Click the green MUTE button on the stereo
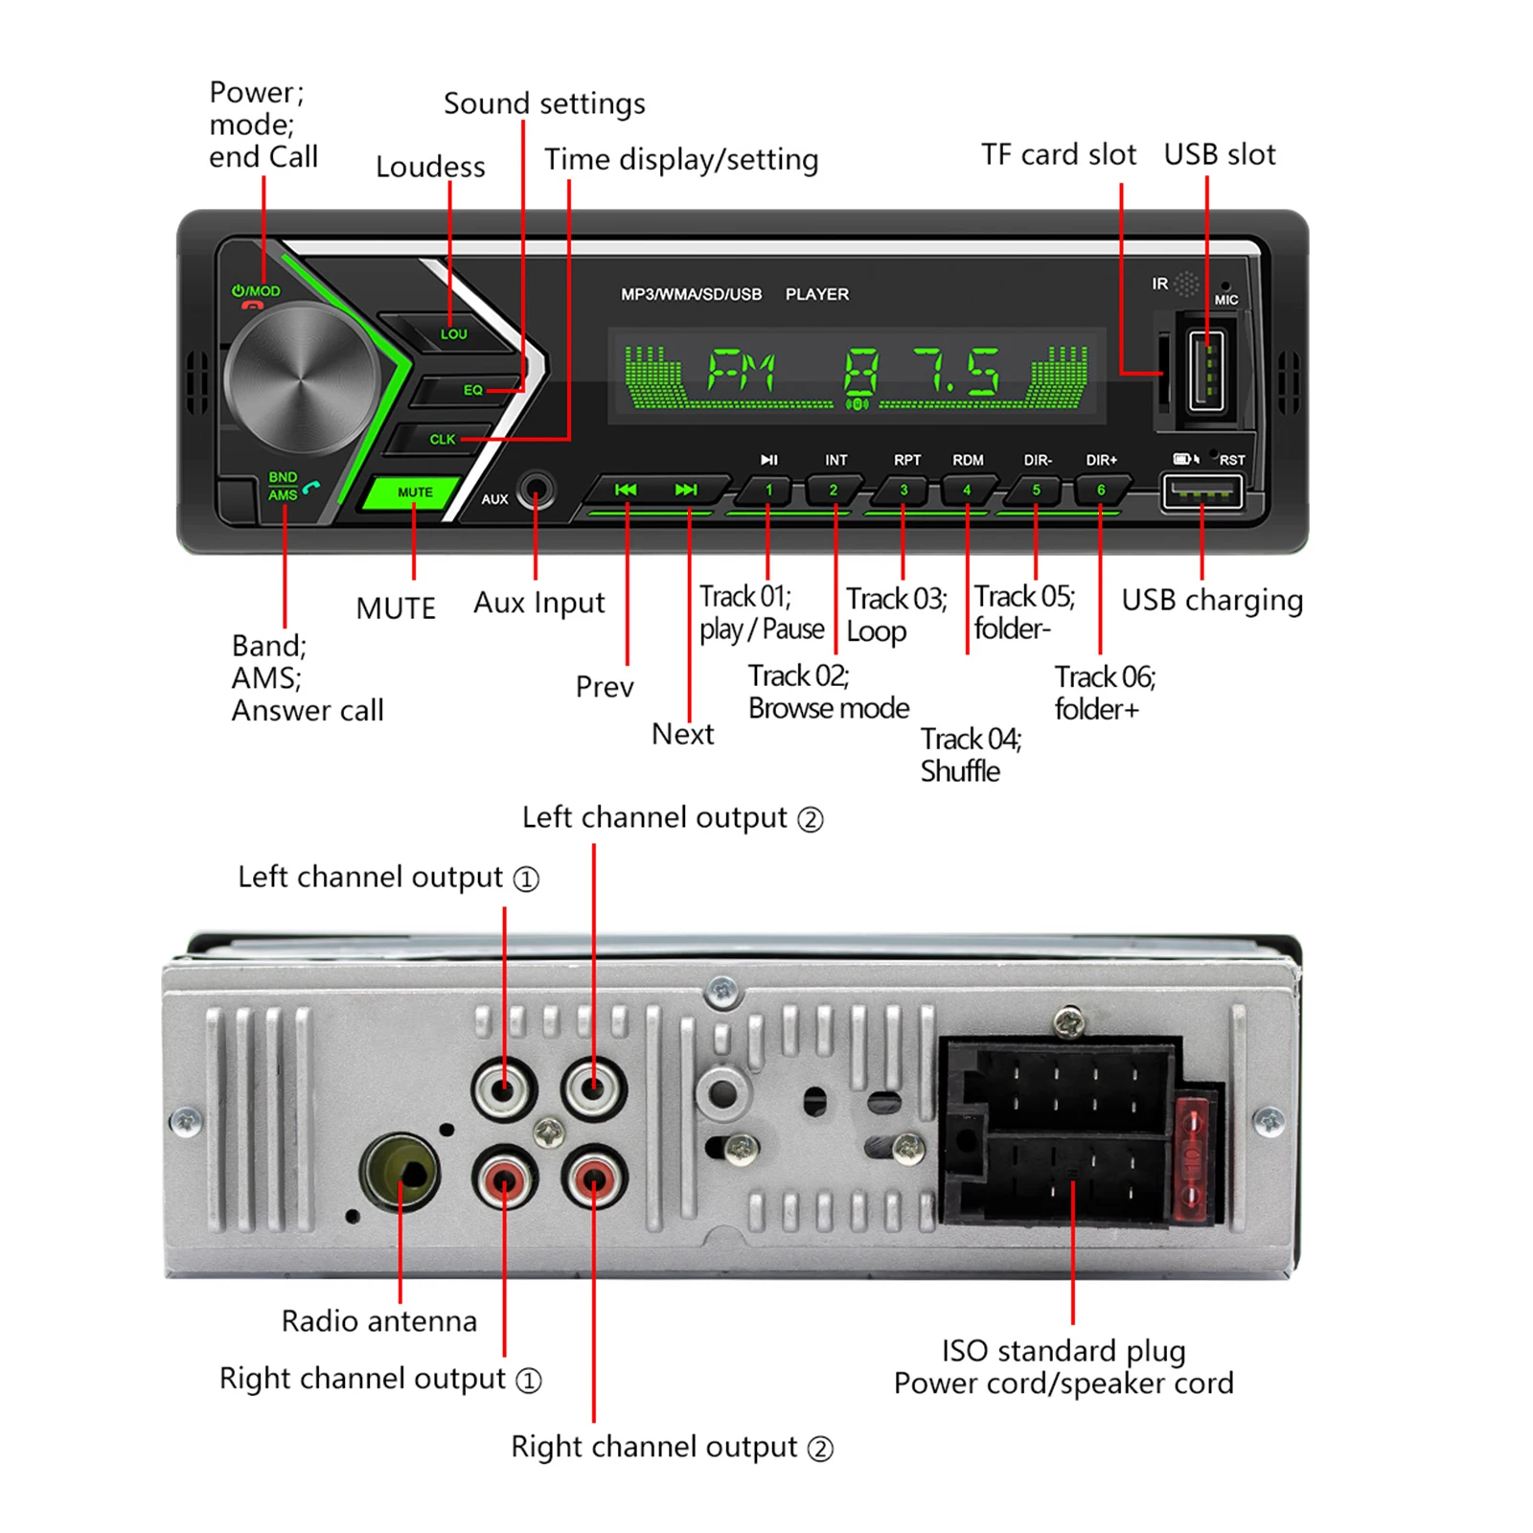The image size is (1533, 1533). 414,492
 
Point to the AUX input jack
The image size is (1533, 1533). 535,492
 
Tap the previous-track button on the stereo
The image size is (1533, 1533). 626,490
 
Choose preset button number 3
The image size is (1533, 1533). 903,491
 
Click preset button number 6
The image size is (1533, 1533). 1101,491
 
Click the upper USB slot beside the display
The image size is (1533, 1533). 1206,369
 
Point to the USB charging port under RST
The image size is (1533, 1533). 1201,492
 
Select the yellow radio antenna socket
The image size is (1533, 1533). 400,1172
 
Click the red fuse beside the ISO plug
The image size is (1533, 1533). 1192,1159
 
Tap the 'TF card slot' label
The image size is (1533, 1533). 1058,154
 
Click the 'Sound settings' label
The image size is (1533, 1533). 544,103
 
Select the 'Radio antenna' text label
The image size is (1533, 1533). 378,1321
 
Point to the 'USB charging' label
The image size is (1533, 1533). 1212,601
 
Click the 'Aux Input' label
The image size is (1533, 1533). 538,603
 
